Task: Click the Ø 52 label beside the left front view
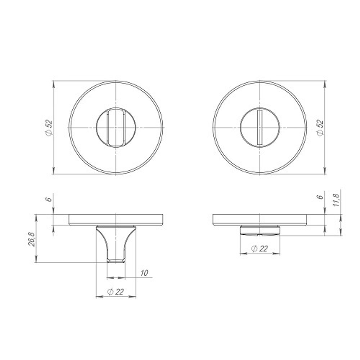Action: pyautogui.click(x=49, y=128)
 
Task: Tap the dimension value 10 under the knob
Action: pyautogui.click(x=144, y=273)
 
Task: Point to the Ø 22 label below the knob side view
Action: pyautogui.click(x=116, y=292)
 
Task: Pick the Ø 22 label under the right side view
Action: pyautogui.click(x=260, y=249)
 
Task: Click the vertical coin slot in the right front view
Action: pyautogui.click(x=259, y=128)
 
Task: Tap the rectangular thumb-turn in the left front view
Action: pyautogui.click(x=116, y=128)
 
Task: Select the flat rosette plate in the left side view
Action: pyautogui.click(x=116, y=220)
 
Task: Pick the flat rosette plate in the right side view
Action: pyautogui.click(x=260, y=220)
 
